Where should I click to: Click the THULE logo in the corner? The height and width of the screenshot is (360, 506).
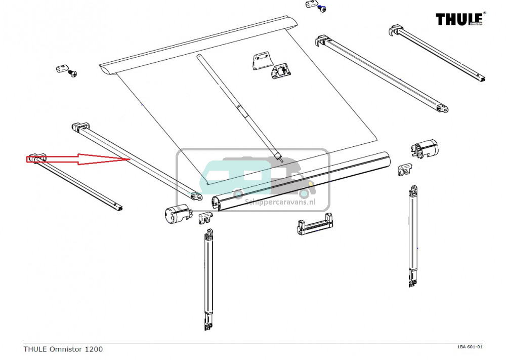coord(460,19)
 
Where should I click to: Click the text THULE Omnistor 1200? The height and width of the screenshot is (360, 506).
coord(63,349)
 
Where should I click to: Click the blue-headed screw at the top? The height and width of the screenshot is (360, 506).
coord(321,9)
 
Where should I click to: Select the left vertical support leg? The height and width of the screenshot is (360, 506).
coord(208,278)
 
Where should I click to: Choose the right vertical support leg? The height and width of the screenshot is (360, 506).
coord(414,235)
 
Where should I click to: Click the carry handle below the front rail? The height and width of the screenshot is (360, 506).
coord(316,224)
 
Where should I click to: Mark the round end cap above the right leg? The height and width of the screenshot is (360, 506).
coord(426,148)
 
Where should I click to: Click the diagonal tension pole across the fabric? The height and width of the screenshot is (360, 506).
coord(238,106)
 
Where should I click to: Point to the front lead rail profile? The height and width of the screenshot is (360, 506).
coord(304,182)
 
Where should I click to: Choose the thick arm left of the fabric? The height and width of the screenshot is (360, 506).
coord(137,159)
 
